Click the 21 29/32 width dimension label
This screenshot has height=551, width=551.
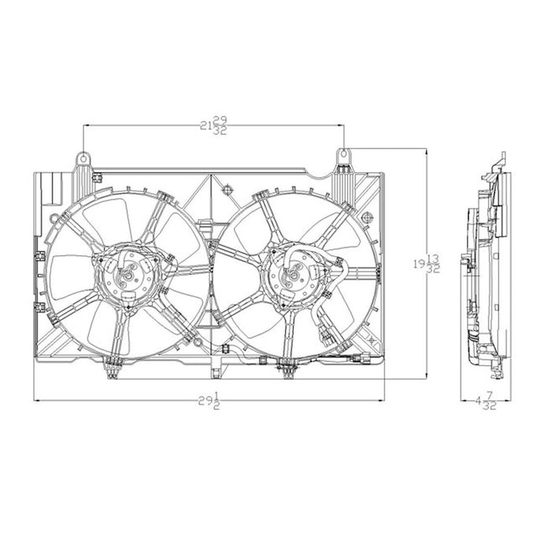(212, 124)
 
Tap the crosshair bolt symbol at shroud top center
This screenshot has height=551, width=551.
(227, 188)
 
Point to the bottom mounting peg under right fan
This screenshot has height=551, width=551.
(288, 364)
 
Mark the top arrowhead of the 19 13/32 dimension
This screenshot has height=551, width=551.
(426, 152)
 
